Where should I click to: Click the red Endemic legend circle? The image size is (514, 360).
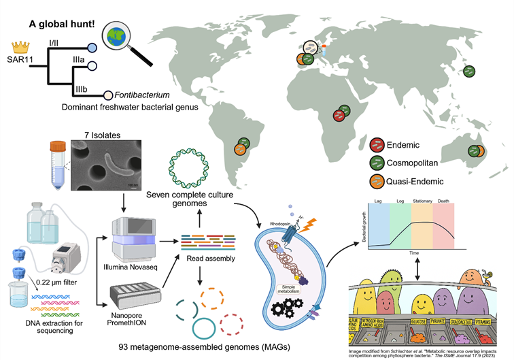coord(377,144)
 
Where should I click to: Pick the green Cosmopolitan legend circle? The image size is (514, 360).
coord(377,162)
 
